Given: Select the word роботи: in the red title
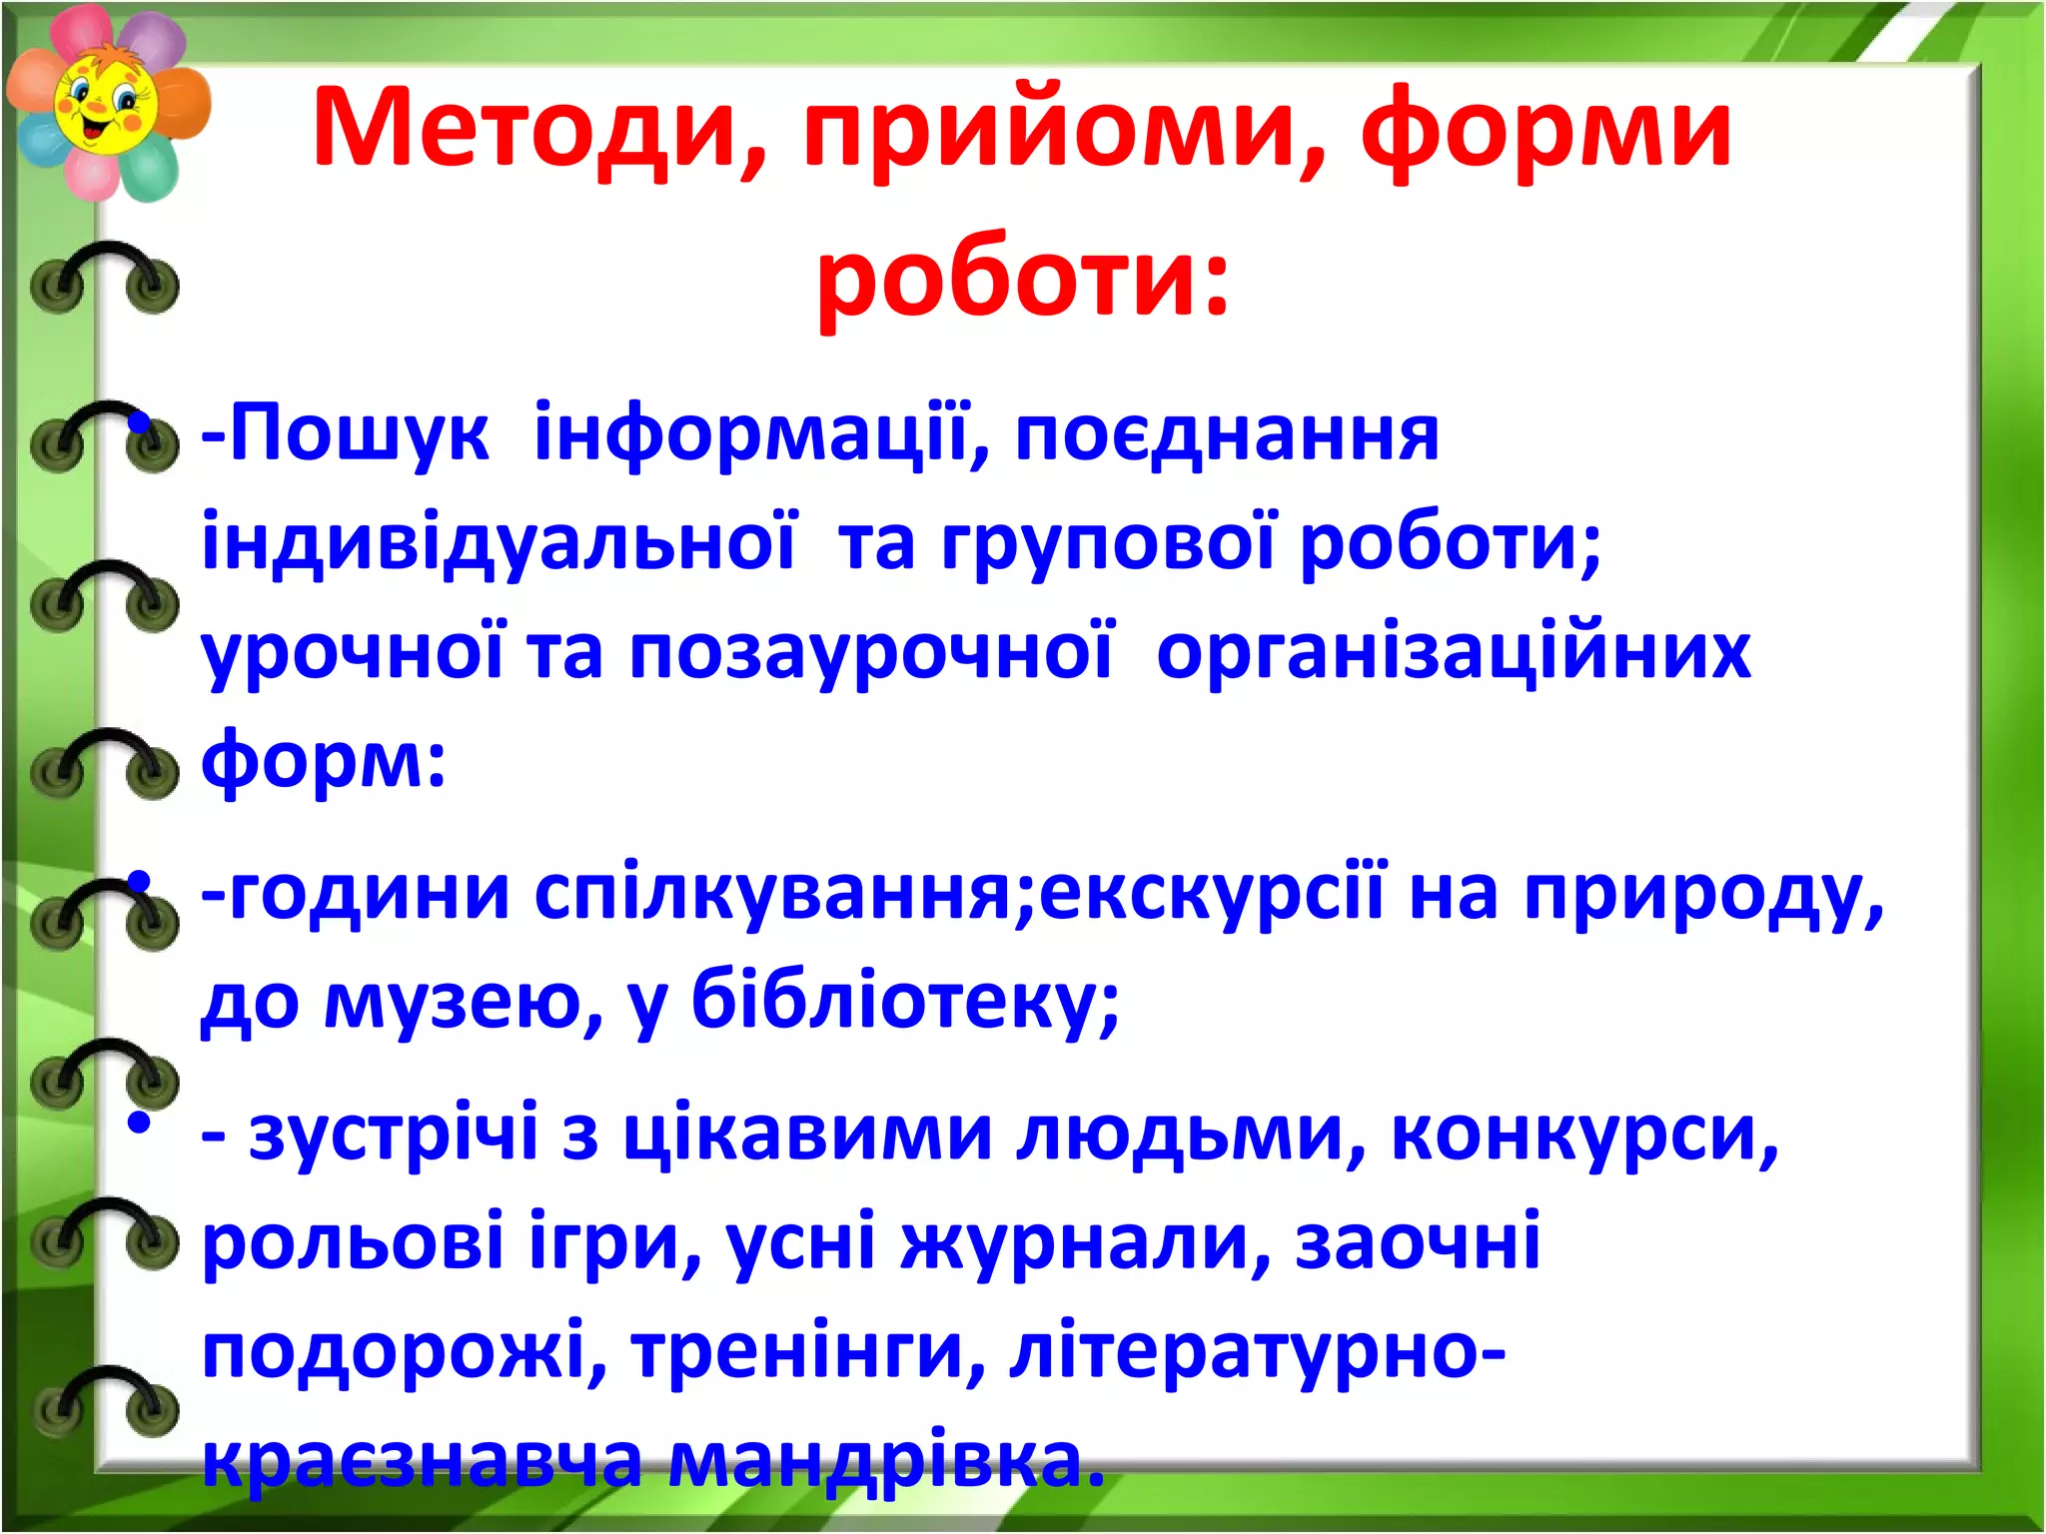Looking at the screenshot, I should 1022,276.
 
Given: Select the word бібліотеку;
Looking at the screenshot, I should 905,1002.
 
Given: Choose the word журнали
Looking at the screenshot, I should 1085,1243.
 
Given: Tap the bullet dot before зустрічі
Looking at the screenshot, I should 139,1124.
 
